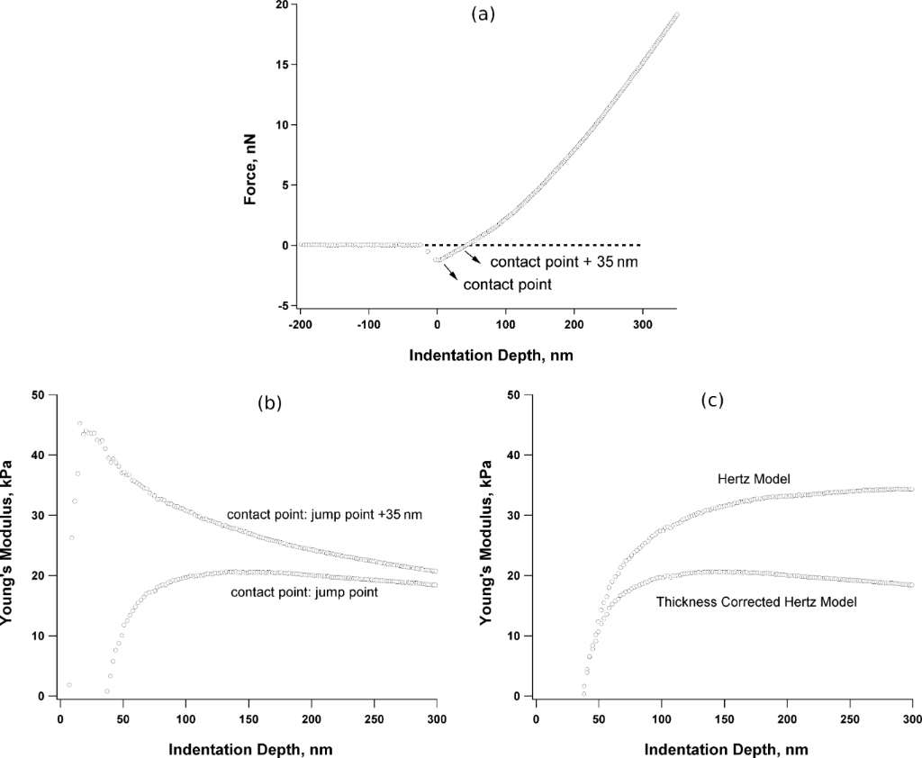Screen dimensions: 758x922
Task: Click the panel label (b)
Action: tap(270, 403)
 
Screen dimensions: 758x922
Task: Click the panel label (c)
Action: tap(712, 400)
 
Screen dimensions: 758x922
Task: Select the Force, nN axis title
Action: tap(253, 155)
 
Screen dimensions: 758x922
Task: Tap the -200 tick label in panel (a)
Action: tap(299, 324)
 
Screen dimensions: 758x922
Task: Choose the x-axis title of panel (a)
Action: tap(491, 355)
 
